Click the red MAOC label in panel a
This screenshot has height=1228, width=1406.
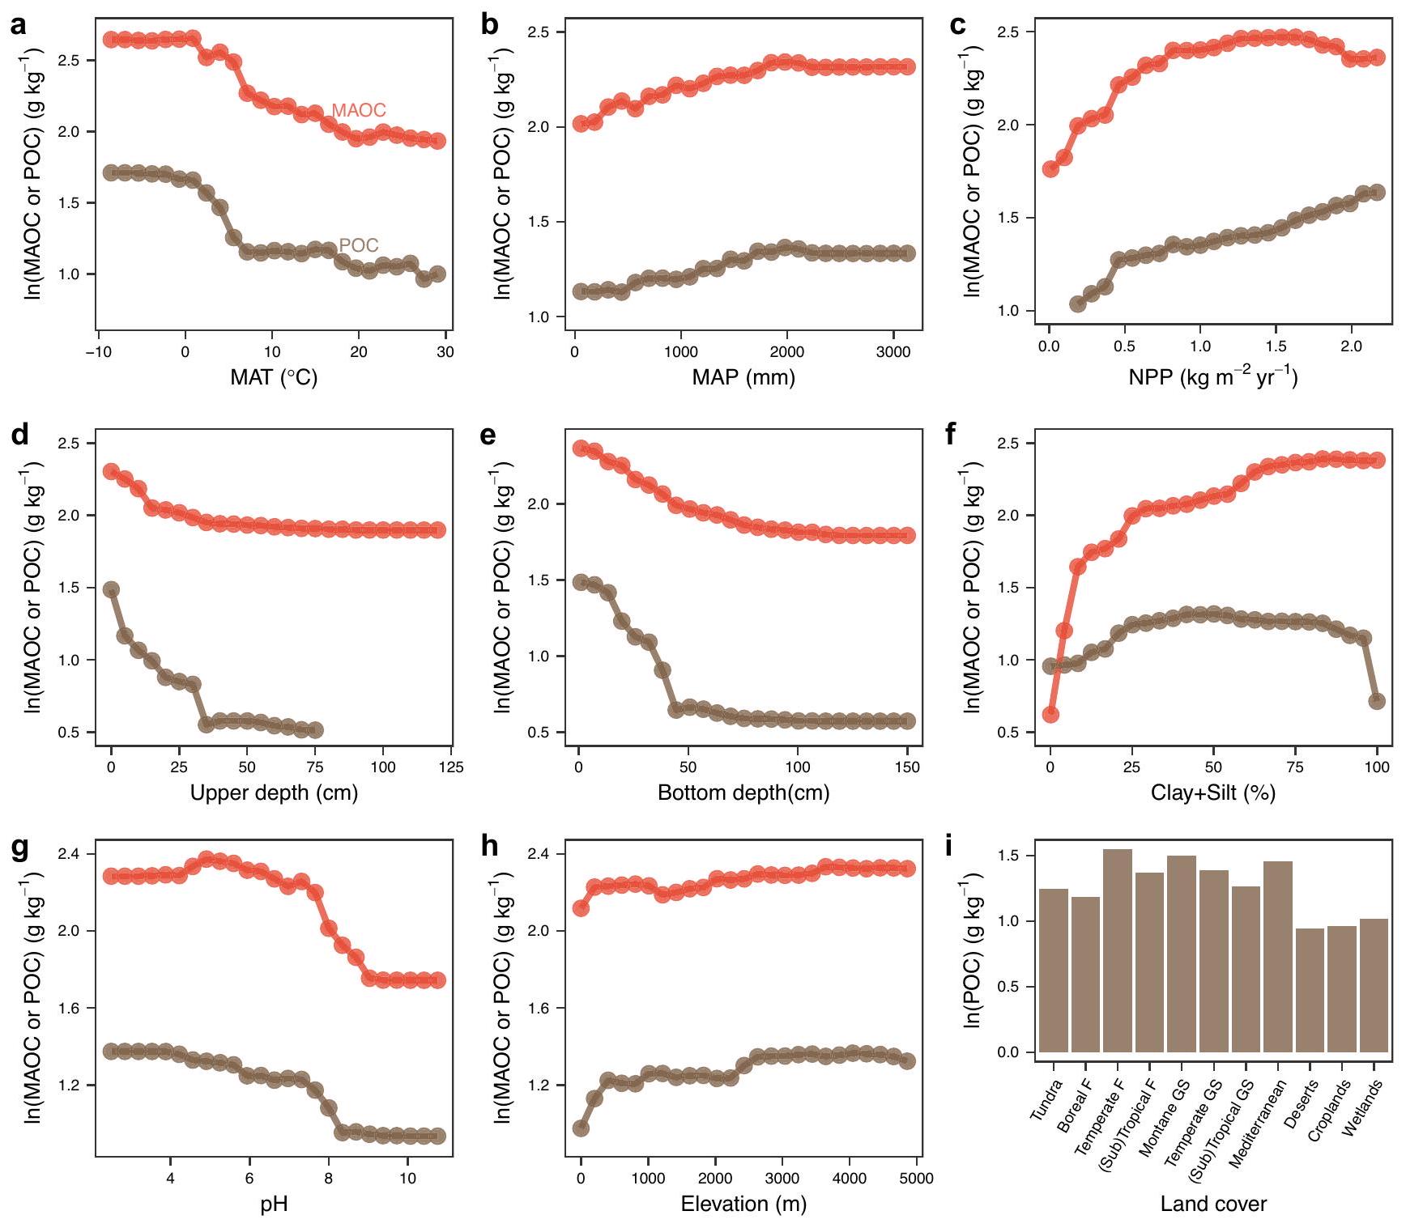[x=358, y=111]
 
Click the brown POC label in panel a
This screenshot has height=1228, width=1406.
[x=358, y=245]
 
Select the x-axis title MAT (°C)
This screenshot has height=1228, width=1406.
[x=274, y=377]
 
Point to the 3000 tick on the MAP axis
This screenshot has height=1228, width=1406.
[x=893, y=352]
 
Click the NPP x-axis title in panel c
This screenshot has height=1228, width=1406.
[x=1212, y=377]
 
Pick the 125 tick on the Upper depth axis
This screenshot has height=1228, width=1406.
[x=452, y=767]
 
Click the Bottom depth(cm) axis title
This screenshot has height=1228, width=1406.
[x=743, y=792]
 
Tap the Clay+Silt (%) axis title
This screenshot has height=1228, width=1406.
[x=1212, y=792]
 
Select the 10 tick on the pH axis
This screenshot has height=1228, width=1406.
[x=407, y=1178]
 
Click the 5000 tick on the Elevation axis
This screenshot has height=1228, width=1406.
[x=916, y=1178]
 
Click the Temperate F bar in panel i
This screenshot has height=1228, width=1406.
[x=1117, y=951]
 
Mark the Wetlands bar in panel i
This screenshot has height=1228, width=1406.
[x=1374, y=986]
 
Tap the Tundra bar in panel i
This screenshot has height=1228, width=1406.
[x=1053, y=971]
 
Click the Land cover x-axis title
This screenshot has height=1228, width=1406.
[x=1212, y=1204]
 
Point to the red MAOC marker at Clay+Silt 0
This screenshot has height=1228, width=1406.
[x=1050, y=714]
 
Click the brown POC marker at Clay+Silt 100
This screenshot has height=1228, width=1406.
[x=1377, y=701]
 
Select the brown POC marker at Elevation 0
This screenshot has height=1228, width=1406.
[x=581, y=1128]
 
